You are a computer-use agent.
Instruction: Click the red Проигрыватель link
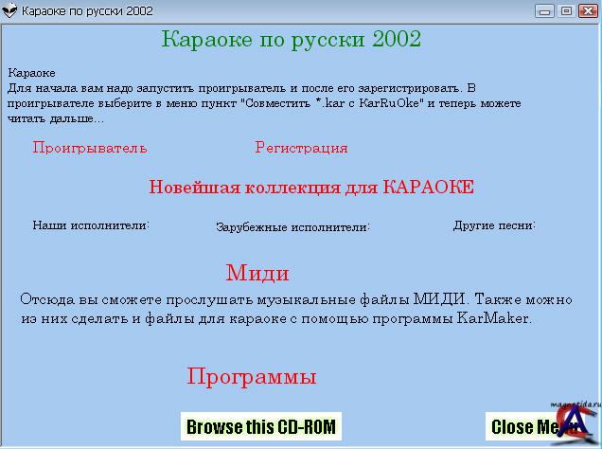90,149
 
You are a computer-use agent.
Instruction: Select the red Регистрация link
301,148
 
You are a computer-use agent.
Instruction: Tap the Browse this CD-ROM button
261,426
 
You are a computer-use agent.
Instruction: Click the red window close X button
588,10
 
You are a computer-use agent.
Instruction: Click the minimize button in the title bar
544,10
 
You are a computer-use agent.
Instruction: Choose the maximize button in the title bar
566,10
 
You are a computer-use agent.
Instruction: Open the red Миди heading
257,273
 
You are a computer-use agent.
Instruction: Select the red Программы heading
252,376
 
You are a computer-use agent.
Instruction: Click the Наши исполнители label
91,225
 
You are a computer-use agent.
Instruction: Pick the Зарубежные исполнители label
292,227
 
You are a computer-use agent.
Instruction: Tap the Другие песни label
494,225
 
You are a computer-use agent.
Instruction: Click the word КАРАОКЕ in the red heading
429,187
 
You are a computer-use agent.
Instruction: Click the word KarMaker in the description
494,318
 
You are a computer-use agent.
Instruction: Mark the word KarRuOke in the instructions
389,103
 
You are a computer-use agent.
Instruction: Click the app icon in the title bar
9,10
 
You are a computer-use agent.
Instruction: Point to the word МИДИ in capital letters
439,298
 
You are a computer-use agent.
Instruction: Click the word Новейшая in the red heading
195,187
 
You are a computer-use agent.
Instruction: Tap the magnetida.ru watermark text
575,404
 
